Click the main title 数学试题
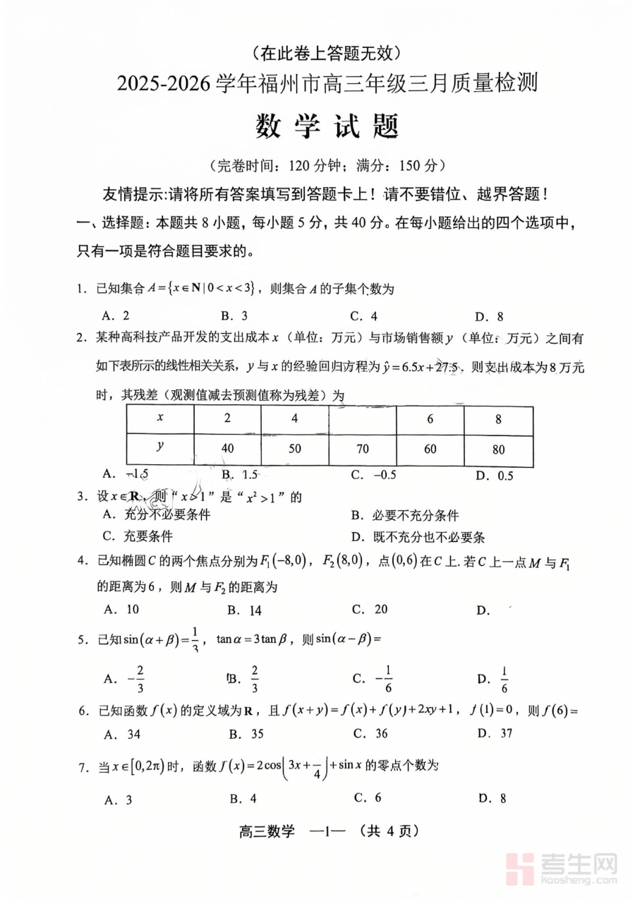pyautogui.click(x=326, y=127)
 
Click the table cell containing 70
pyautogui.click(x=363, y=448)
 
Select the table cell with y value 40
pyautogui.click(x=227, y=448)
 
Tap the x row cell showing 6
pyautogui.click(x=430, y=418)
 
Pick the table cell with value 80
pyautogui.click(x=498, y=449)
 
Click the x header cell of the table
pyautogui.click(x=160, y=417)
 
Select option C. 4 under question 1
pyautogui.click(x=364, y=316)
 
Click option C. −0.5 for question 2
pyautogui.click(x=374, y=475)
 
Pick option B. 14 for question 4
pyautogui.click(x=245, y=610)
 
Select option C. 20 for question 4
pyautogui.click(x=370, y=610)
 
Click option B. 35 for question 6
pyautogui.click(x=246, y=734)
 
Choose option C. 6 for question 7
pyautogui.click(x=368, y=798)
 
